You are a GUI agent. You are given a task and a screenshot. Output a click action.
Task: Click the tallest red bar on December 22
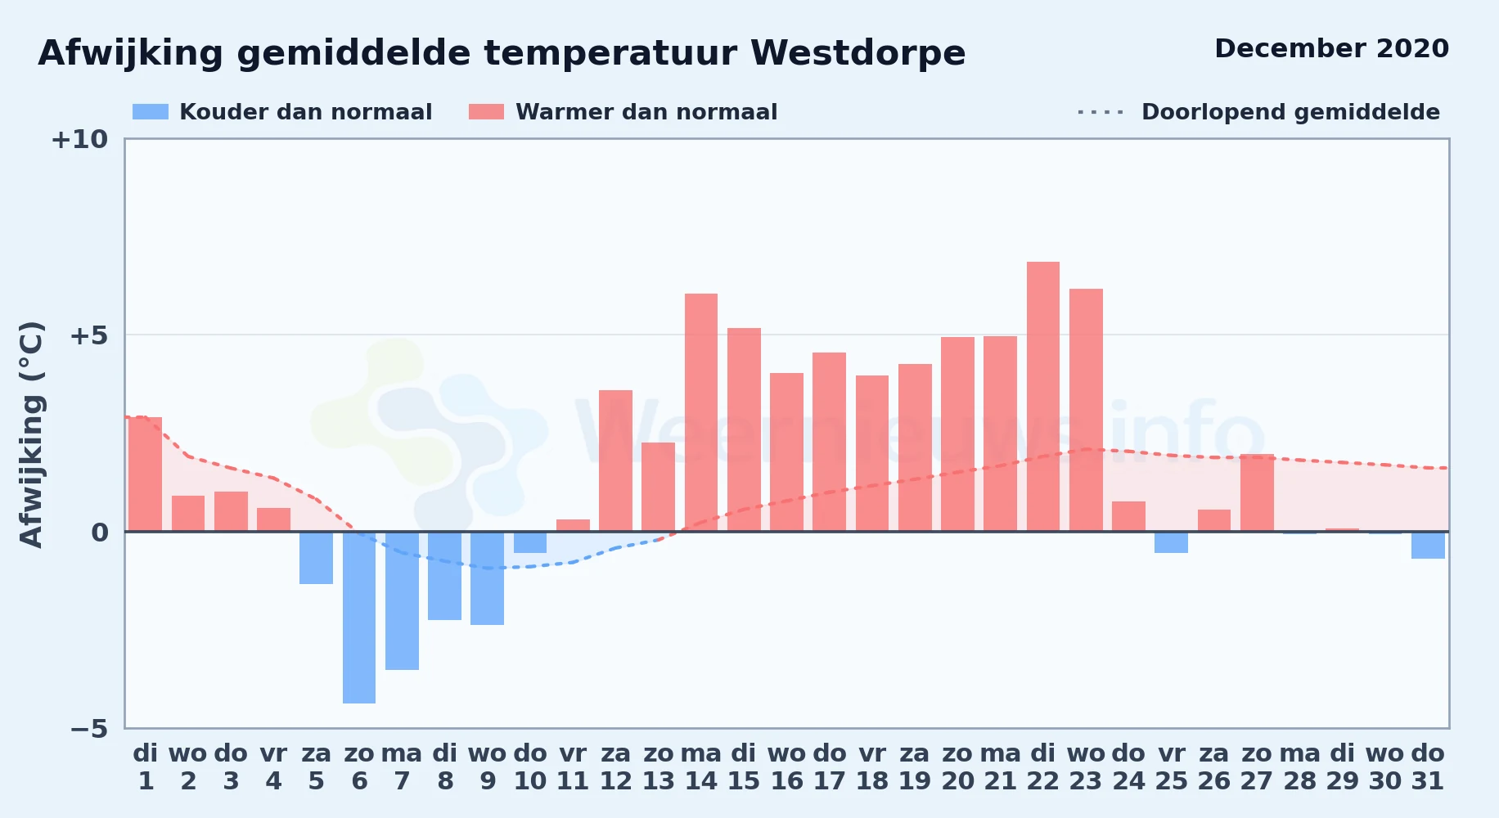coord(1042,397)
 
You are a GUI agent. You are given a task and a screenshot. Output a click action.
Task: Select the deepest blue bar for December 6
coord(359,618)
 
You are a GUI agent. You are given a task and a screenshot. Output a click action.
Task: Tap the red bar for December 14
coord(701,412)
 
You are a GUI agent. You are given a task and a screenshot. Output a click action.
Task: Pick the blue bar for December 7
coord(402,600)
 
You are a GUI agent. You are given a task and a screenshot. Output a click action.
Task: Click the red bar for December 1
coord(146,474)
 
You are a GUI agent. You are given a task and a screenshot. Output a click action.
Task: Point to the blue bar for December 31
coord(1428,545)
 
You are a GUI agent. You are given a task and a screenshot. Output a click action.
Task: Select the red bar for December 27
coord(1257,492)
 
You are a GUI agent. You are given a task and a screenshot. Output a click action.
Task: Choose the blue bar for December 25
coord(1172,542)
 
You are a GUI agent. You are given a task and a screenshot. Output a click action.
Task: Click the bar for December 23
coord(1086,410)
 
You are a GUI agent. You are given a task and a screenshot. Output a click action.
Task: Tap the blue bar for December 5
coord(316,558)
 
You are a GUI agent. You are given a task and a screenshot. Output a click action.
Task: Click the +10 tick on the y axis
coord(79,140)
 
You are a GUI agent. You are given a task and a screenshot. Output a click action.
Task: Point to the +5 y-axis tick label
coord(89,335)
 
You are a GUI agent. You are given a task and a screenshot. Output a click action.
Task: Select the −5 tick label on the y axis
coord(89,729)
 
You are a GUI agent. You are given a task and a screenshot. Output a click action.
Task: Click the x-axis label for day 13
coord(659,781)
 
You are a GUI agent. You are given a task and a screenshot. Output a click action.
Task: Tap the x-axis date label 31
coord(1428,781)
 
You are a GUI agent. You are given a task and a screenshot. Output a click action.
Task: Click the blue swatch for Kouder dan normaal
coord(151,112)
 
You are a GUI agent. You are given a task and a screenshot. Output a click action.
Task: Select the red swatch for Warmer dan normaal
coord(487,112)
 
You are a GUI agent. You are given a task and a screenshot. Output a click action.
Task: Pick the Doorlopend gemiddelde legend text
coord(1290,112)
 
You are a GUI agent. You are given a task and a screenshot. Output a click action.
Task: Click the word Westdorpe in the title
coord(858,54)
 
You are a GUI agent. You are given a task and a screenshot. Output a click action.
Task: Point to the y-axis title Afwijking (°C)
coord(31,434)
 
